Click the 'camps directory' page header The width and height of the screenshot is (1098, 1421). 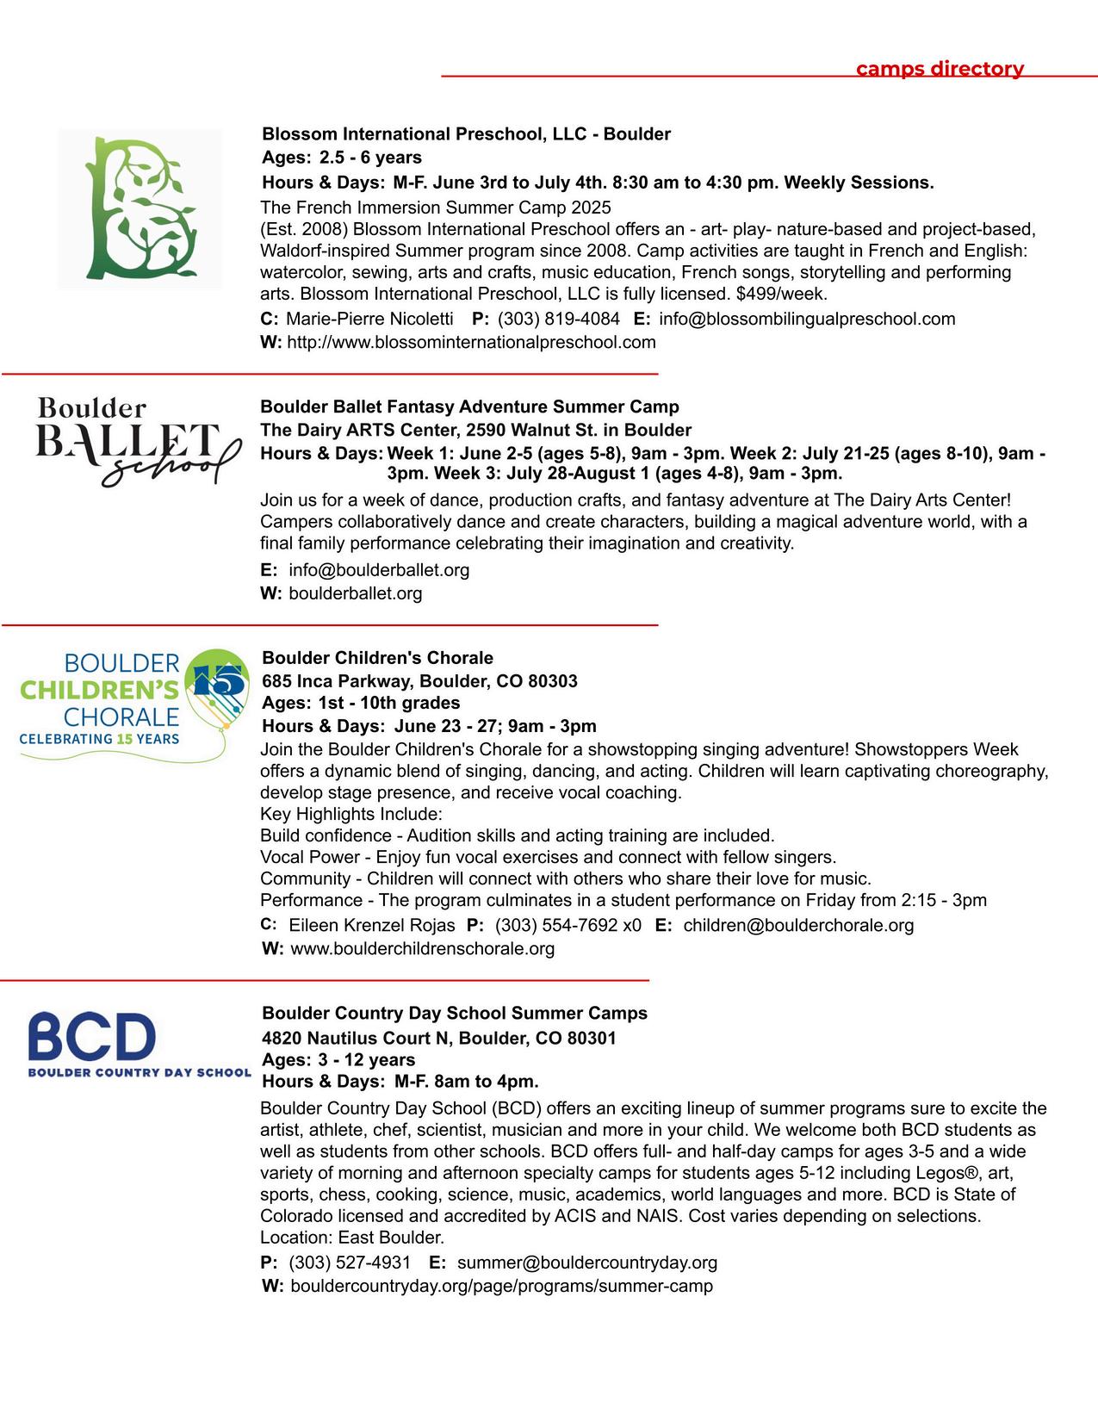[x=940, y=69]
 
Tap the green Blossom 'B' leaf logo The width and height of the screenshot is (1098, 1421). [x=140, y=208]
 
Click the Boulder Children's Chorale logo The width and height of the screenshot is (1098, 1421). [x=133, y=702]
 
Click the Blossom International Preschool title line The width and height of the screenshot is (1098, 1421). [x=466, y=134]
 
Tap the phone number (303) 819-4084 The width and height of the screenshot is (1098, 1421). [x=558, y=319]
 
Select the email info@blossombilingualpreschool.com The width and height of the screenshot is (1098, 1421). [x=807, y=319]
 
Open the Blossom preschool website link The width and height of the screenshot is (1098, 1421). [x=471, y=342]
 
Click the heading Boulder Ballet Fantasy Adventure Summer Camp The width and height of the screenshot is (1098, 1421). [x=469, y=406]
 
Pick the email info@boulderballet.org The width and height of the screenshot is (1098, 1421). [x=379, y=569]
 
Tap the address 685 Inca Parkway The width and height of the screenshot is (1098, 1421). [x=419, y=681]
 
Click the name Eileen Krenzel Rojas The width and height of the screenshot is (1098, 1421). [x=371, y=925]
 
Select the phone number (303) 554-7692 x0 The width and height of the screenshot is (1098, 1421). [x=568, y=925]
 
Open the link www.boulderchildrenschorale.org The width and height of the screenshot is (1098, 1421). [x=422, y=948]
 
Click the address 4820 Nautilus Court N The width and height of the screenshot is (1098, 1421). [x=439, y=1038]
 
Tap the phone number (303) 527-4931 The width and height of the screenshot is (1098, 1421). [x=350, y=1263]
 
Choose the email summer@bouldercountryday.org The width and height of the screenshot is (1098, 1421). [x=586, y=1263]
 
